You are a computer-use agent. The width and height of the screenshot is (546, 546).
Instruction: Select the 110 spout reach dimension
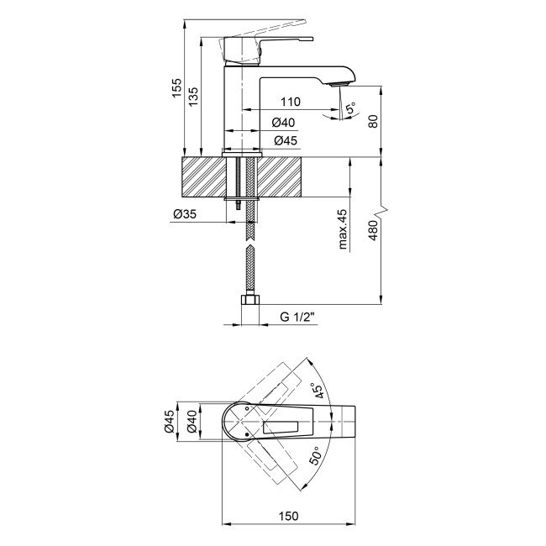(x=291, y=102)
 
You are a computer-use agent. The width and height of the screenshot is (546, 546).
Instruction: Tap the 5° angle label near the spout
(x=349, y=108)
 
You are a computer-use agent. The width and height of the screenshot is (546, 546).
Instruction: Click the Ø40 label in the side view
(x=284, y=123)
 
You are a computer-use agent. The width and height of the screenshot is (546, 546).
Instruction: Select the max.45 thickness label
(x=344, y=230)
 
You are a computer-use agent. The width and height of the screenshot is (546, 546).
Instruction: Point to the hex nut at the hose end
(x=249, y=301)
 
